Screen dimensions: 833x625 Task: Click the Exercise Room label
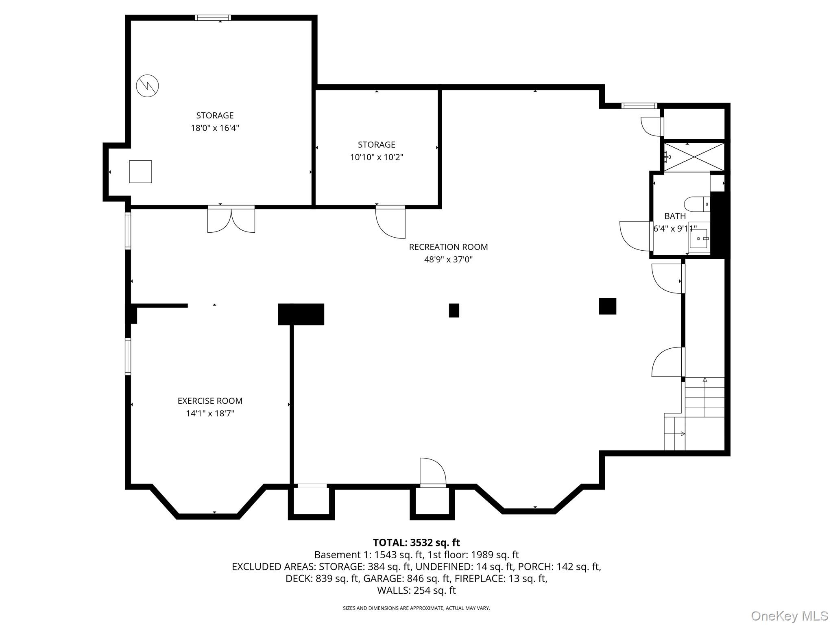(x=210, y=401)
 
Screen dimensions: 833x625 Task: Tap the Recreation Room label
(x=448, y=247)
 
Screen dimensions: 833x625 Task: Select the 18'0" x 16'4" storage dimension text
(x=215, y=128)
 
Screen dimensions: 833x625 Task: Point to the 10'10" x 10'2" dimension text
(x=377, y=157)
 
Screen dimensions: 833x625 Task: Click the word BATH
(x=675, y=216)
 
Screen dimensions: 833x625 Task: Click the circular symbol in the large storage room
(x=147, y=85)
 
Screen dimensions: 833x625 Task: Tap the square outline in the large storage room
(x=140, y=171)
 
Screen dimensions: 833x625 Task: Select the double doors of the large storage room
(x=231, y=220)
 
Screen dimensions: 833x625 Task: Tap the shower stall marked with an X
(x=694, y=157)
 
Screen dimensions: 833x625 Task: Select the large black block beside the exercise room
(x=301, y=314)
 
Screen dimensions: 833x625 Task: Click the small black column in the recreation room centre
(x=454, y=310)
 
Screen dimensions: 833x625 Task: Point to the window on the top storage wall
(x=213, y=17)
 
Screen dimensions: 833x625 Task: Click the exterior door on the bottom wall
(x=433, y=472)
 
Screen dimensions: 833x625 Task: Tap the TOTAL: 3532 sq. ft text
(x=416, y=542)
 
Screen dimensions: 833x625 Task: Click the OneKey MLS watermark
(x=789, y=616)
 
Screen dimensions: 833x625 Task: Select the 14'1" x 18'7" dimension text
(x=210, y=413)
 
